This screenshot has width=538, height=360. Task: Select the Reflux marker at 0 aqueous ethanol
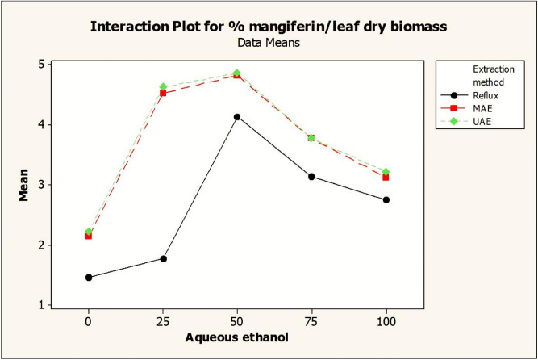pyautogui.click(x=89, y=278)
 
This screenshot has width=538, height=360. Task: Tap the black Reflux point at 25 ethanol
pyautogui.click(x=163, y=258)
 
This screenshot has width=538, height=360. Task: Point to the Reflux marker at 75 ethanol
pyautogui.click(x=311, y=177)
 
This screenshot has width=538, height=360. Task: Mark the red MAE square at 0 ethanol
pyautogui.click(x=89, y=236)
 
